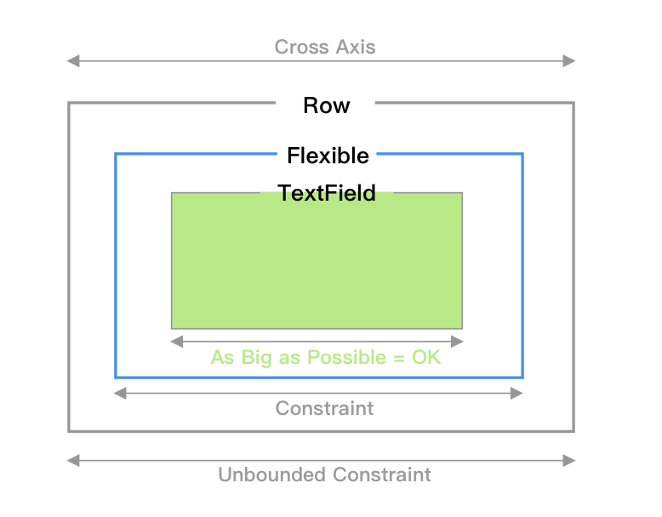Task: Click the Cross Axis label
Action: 324,47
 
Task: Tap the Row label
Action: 326,105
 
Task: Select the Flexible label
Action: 328,156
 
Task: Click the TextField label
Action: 327,193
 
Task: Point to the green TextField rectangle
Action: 317,264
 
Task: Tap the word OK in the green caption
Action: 426,357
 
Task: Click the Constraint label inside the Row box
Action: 324,408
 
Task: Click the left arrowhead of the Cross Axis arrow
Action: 73,60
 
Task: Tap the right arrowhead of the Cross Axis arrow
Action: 570,60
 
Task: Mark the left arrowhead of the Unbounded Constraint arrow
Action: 73,461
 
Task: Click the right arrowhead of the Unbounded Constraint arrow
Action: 570,461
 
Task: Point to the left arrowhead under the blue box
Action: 120,393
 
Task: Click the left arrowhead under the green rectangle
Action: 176,341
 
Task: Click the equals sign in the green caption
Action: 399,358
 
